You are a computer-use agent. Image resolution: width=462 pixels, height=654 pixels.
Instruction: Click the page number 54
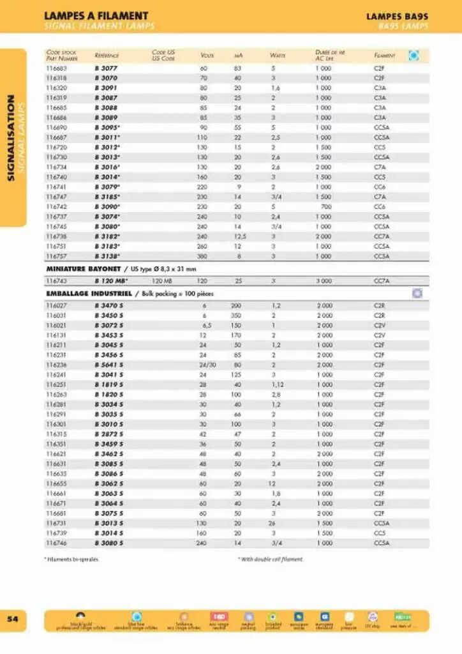point(13,619)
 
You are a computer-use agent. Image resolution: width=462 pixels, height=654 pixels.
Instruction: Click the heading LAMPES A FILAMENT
point(96,15)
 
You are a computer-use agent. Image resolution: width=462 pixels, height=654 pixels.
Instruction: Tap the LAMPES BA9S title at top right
point(397,16)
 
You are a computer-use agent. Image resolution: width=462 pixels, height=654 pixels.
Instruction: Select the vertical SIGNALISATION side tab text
point(11,137)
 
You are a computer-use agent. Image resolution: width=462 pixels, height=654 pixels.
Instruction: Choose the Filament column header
point(384,56)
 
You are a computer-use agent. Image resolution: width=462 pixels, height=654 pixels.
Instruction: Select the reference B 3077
point(105,68)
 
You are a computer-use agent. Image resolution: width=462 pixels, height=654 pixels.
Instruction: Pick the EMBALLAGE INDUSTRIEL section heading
point(88,293)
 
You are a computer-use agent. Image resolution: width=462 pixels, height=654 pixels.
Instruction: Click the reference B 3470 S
point(108,305)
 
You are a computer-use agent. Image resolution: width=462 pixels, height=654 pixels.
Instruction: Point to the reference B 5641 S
point(108,365)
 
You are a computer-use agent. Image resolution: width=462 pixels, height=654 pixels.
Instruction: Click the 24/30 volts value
point(203,365)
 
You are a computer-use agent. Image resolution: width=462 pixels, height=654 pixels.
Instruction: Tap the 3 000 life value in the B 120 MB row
point(324,280)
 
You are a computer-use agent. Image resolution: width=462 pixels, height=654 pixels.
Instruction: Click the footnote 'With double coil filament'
point(271,559)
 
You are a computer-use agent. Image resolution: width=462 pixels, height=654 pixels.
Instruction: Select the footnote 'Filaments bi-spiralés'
point(71,559)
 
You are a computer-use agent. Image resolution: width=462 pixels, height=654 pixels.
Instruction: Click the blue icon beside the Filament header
point(414,56)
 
